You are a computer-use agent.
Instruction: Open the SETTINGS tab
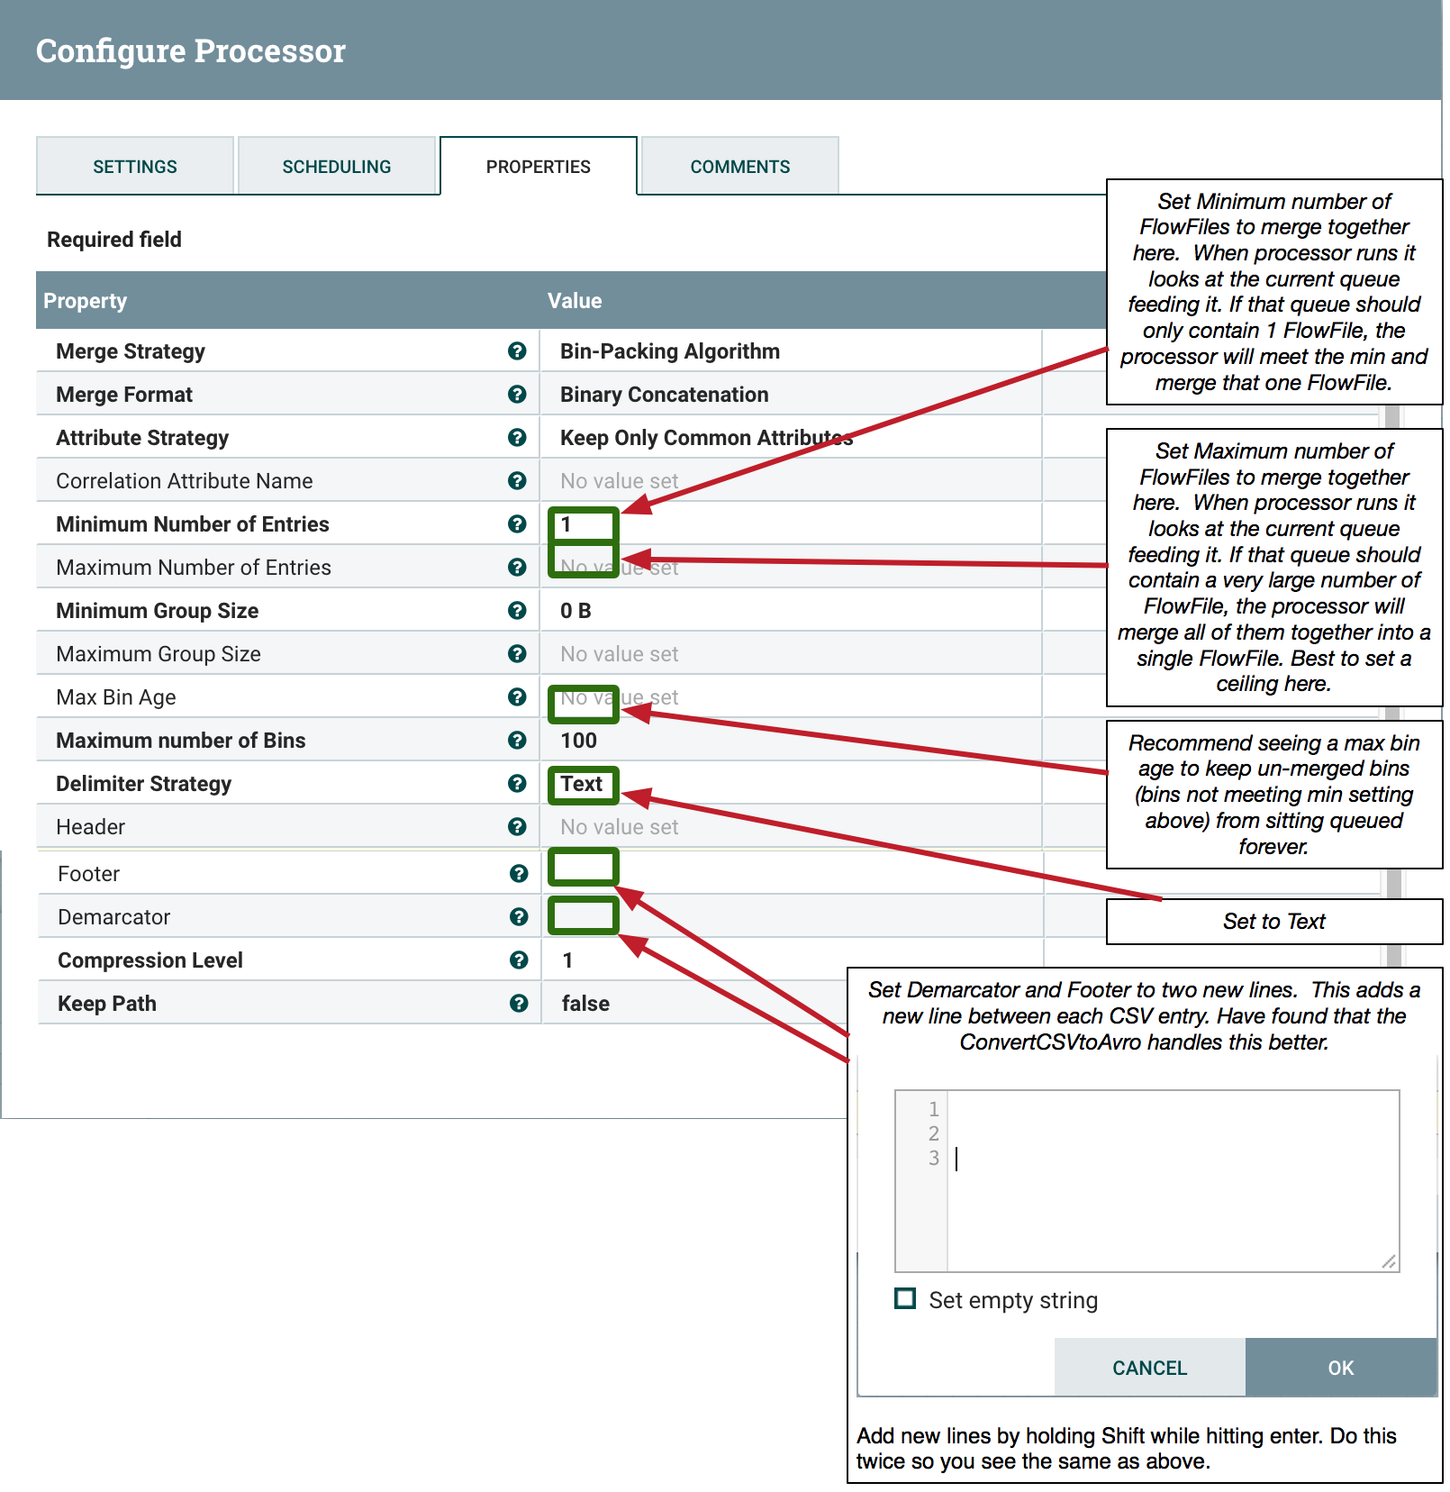tap(135, 167)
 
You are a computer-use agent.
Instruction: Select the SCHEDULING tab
tap(336, 167)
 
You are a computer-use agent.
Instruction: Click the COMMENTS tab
tap(739, 167)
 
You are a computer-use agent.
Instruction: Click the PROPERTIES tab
tap(538, 167)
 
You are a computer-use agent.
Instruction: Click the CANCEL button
tap(1149, 1368)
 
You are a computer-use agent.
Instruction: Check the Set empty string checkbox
tap(905, 1298)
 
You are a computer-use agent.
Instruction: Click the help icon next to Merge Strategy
tap(517, 351)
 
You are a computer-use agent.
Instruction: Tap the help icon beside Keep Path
tap(519, 1004)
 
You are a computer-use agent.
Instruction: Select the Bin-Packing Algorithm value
tap(669, 351)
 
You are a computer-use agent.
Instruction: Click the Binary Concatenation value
tap(664, 395)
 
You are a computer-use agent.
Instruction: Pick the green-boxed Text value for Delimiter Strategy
tap(582, 784)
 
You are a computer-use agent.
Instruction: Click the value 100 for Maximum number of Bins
tap(578, 741)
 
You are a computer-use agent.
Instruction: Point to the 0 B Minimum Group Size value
tap(575, 611)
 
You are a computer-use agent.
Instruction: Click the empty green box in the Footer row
tap(584, 867)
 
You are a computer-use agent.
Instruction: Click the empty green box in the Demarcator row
tap(584, 915)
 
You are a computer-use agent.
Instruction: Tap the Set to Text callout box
tap(1273, 921)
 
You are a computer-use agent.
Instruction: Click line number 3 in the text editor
tap(934, 1158)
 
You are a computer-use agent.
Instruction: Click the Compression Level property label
tap(150, 960)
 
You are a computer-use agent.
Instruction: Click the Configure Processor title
tap(191, 50)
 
